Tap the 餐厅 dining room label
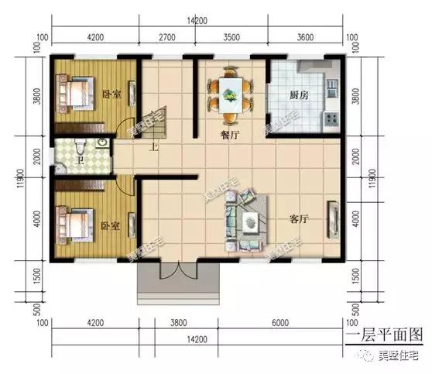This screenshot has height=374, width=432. (x=229, y=134)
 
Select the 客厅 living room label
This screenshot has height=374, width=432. (x=299, y=219)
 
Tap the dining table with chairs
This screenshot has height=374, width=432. (x=230, y=95)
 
